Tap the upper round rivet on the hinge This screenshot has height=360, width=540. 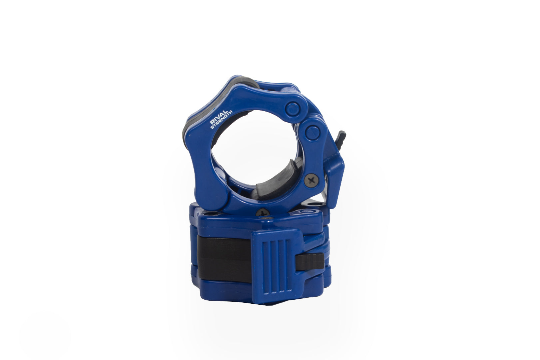293,109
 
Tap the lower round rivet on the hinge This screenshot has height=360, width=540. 312,132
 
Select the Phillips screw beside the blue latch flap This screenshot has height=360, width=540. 311,180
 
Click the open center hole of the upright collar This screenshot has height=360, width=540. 253,147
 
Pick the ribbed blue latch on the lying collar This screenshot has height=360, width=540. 276,266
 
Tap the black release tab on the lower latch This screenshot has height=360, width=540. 310,261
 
